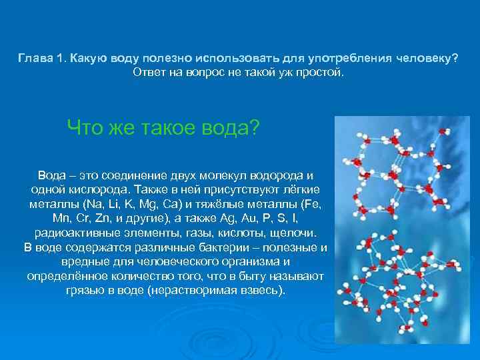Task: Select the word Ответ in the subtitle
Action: click(x=150, y=71)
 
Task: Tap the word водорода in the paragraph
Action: click(x=275, y=175)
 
